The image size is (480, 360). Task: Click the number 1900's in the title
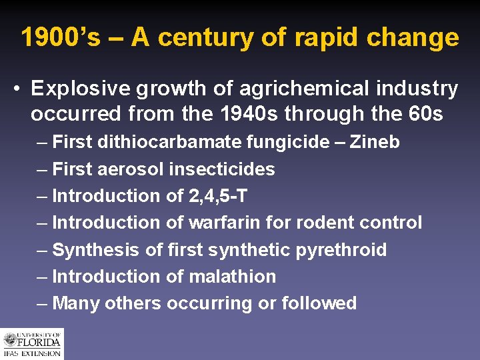click(61, 37)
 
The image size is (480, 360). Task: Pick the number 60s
click(424, 114)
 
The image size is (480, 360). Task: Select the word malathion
click(232, 276)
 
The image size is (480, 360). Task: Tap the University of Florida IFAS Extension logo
click(31, 344)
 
